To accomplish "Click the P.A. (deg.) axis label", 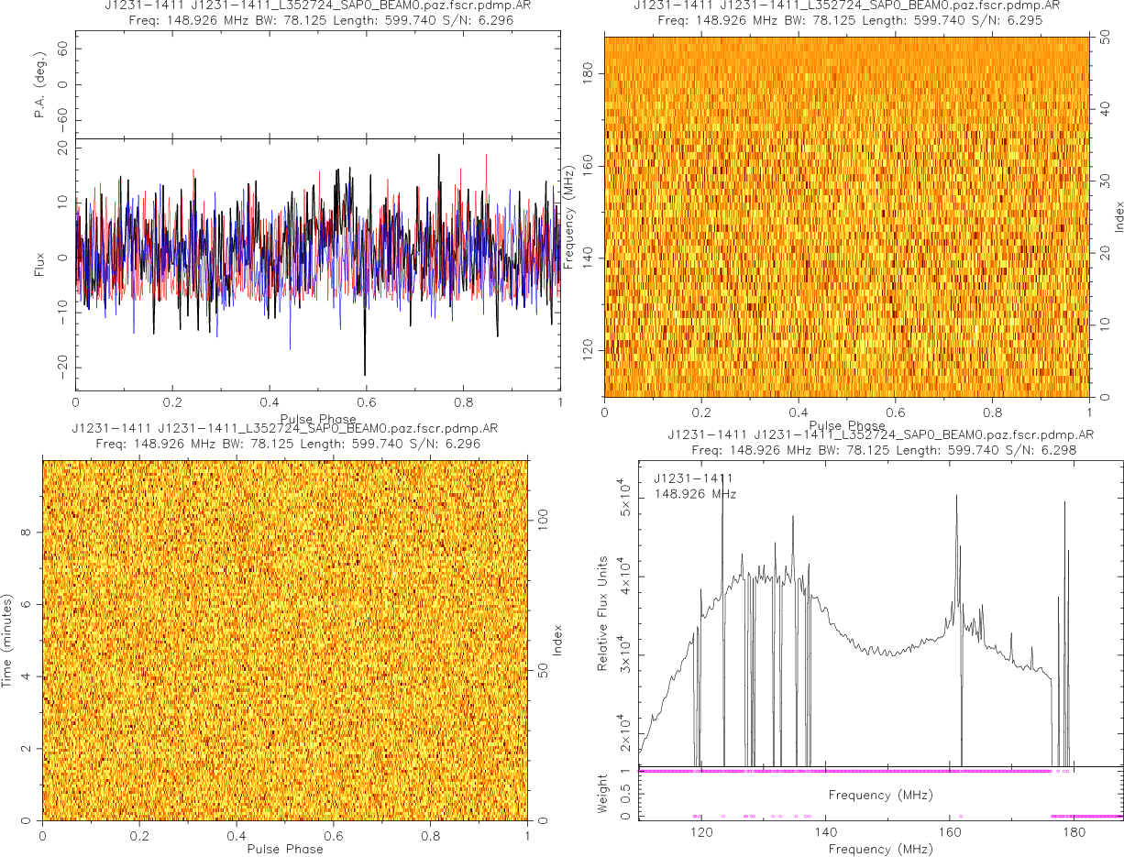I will click(x=40, y=85).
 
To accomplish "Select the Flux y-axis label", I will click(x=40, y=263).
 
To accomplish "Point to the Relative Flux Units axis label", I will click(x=602, y=612).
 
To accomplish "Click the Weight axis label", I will click(x=602, y=794).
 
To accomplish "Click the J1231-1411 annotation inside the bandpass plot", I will click(x=693, y=478).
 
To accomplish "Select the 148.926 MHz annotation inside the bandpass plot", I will click(x=696, y=494).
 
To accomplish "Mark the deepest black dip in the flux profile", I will click(x=365, y=374).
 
